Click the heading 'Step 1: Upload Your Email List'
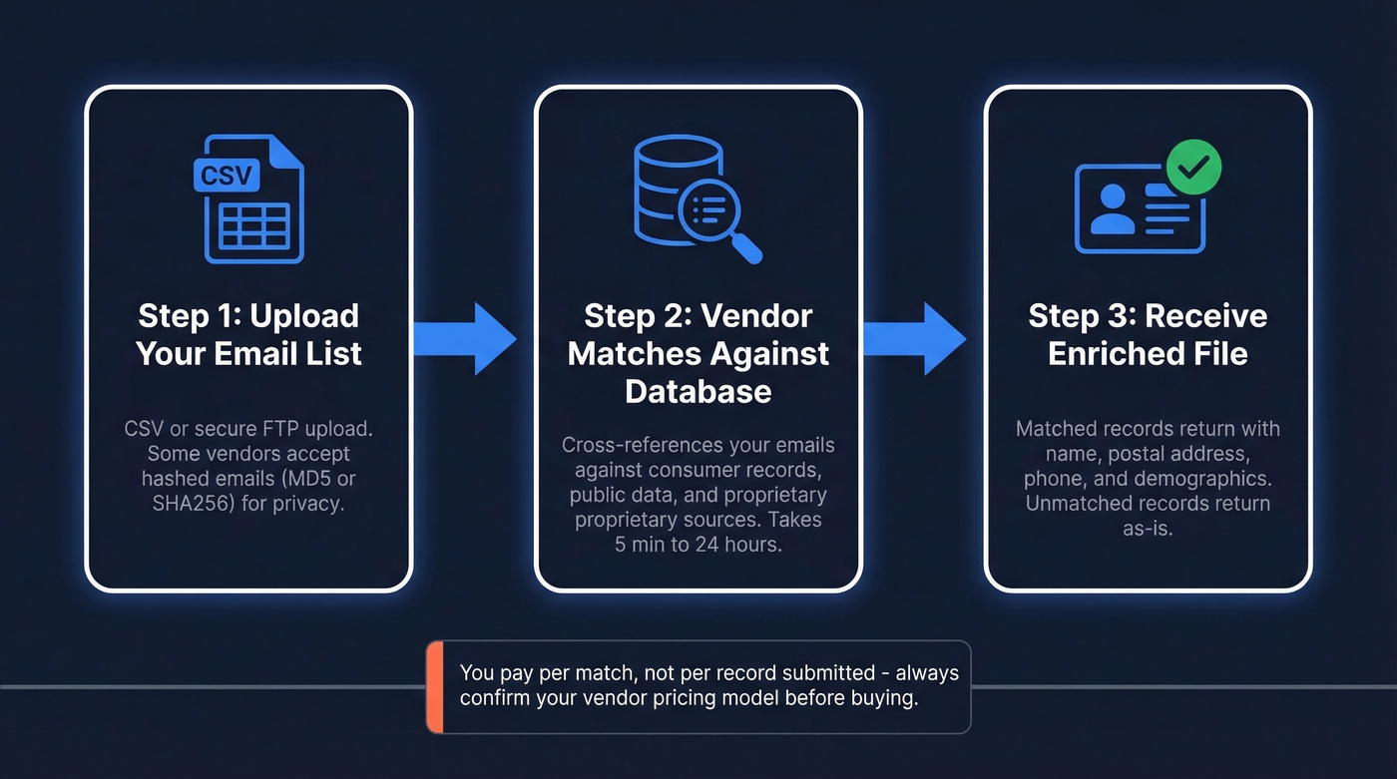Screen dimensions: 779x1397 (x=248, y=334)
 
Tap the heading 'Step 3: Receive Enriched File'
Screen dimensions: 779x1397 (x=1148, y=334)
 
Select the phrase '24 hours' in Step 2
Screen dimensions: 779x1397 (x=743, y=546)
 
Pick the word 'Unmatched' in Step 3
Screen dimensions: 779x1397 (x=1073, y=503)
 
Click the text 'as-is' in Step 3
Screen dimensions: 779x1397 (x=1148, y=528)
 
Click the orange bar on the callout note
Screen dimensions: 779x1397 (x=434, y=687)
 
